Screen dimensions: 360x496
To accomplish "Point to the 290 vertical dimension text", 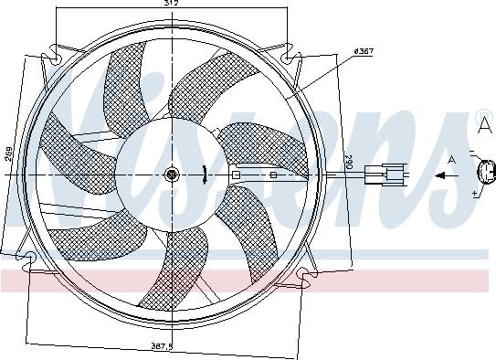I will click(x=347, y=164).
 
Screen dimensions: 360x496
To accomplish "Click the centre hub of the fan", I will click(x=171, y=175).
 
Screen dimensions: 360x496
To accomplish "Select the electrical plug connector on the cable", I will click(x=381, y=173).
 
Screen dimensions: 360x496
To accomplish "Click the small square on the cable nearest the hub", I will click(x=236, y=174).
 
